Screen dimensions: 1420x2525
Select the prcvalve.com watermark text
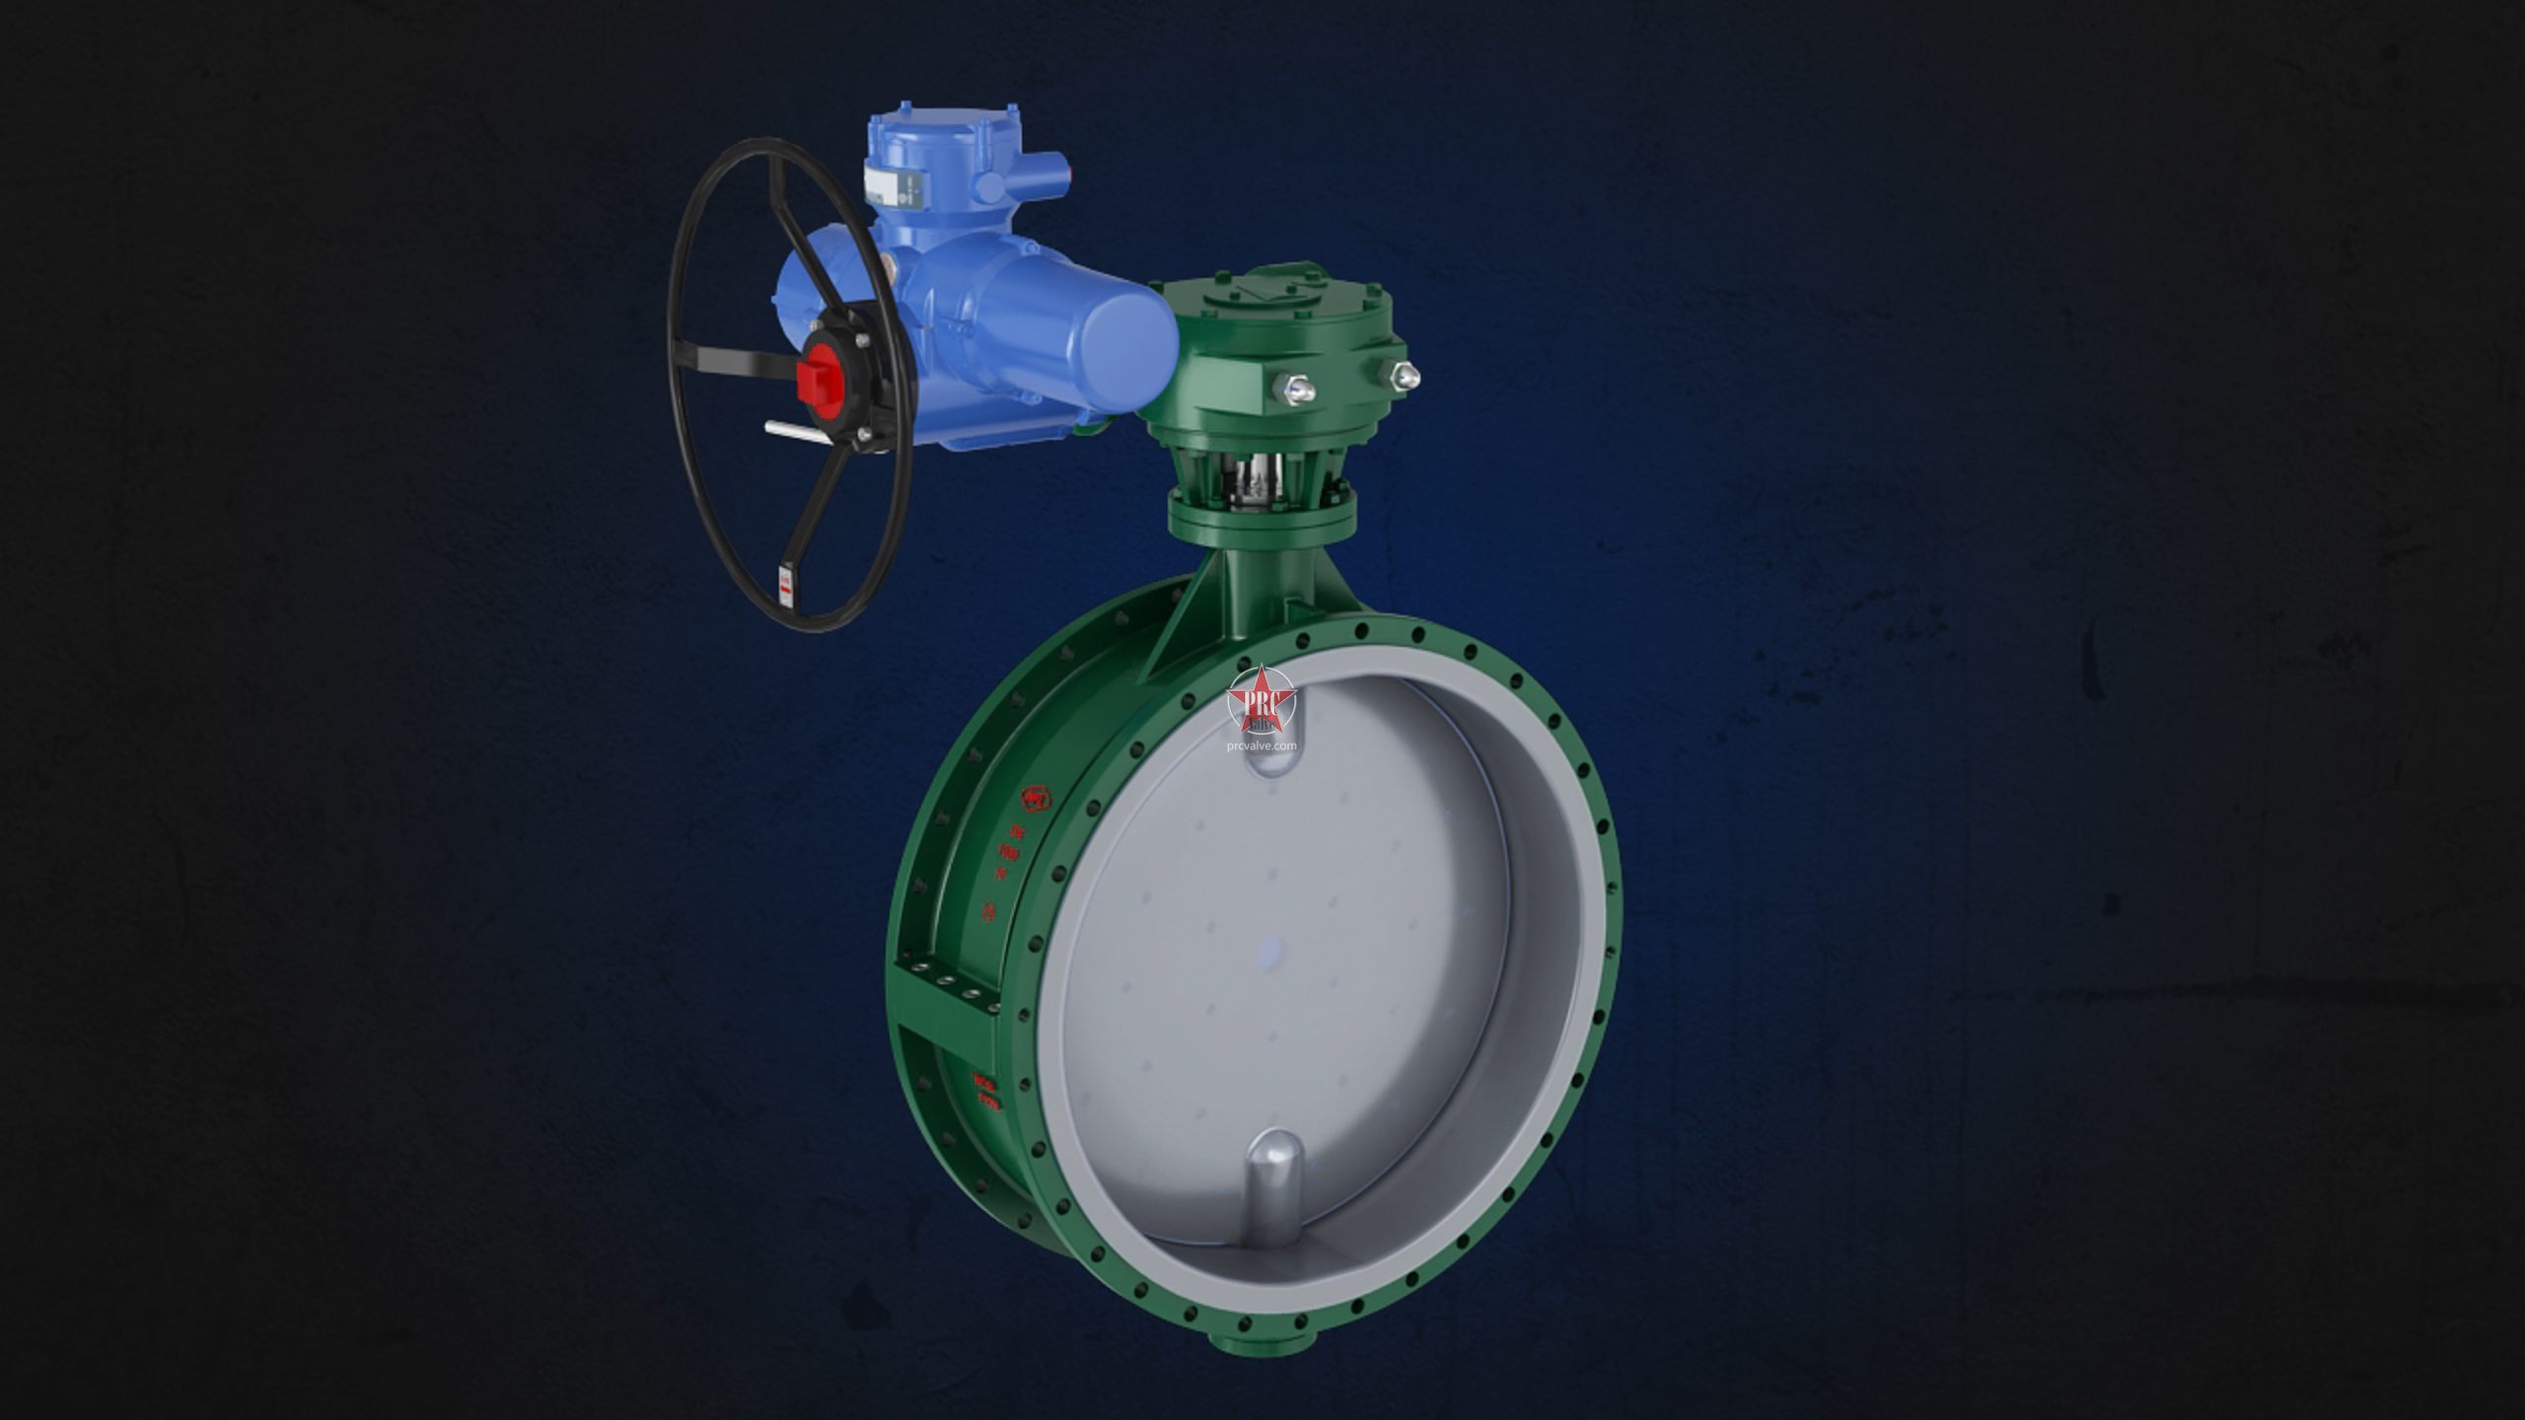(1262, 745)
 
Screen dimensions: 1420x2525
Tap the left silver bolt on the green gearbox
(1296, 388)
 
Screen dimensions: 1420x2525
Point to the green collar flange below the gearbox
(1262, 517)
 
